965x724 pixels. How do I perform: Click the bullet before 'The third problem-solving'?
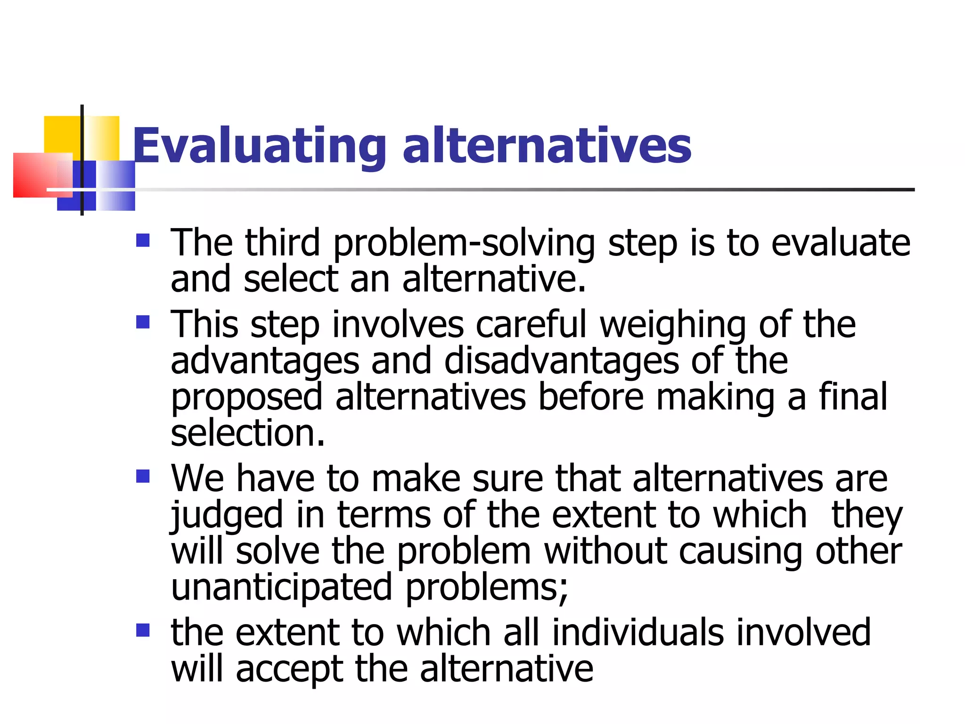[x=143, y=241]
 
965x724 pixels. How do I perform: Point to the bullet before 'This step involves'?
[x=143, y=322]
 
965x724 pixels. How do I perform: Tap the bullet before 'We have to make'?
[x=143, y=477]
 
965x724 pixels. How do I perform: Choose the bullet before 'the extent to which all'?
[x=143, y=630]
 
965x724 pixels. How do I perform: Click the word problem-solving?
[x=464, y=243]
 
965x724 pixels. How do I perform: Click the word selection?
[x=247, y=433]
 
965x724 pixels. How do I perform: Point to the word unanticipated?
[x=281, y=587]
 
